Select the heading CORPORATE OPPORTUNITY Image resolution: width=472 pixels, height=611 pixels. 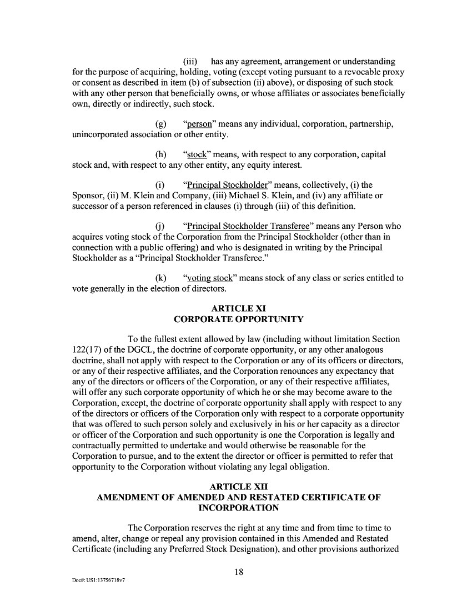point(239,319)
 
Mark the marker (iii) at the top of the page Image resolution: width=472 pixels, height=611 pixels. point(191,61)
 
